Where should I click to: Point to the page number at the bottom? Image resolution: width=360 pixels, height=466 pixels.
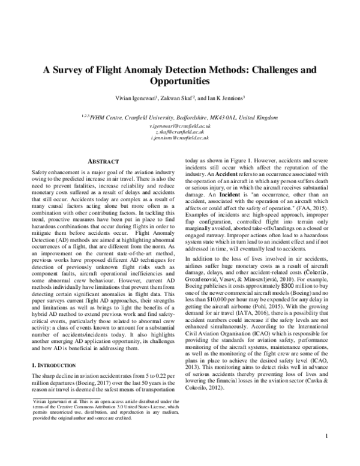[x=325, y=452]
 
